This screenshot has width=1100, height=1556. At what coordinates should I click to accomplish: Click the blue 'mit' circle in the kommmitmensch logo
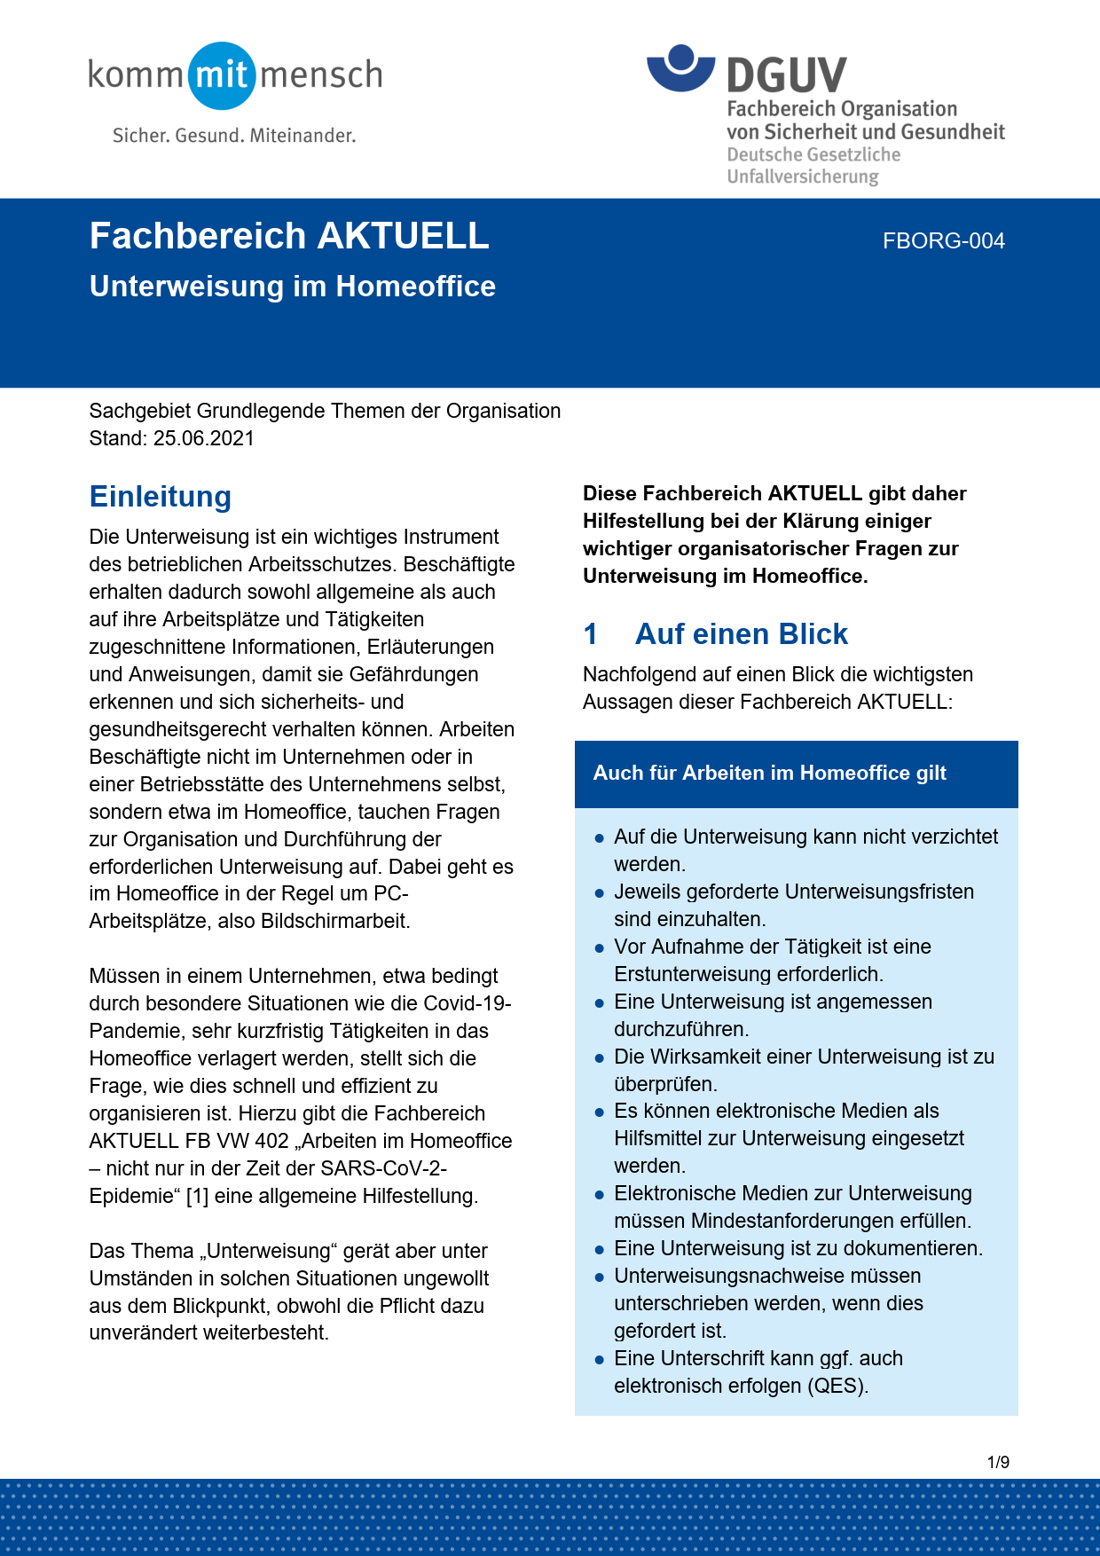[x=222, y=75]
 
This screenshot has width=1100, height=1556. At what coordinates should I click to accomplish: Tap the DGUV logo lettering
[x=786, y=75]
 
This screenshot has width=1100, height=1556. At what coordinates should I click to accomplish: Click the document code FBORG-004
[x=943, y=241]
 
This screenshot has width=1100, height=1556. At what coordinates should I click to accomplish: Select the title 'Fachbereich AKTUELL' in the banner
[x=289, y=237]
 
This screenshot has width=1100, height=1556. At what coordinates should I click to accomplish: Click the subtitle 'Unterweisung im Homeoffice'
[x=292, y=287]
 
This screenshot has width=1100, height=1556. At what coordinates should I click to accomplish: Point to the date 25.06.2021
[x=203, y=438]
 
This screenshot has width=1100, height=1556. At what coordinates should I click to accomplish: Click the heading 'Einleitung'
[x=160, y=497]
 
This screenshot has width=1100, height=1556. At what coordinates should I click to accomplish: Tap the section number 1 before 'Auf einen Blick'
[x=591, y=634]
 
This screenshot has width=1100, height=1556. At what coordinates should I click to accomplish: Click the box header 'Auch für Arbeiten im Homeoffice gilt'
[x=769, y=773]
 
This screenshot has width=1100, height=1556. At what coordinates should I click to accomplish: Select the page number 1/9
[x=998, y=1462]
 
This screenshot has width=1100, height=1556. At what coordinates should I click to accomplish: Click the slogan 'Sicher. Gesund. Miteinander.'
[x=234, y=136]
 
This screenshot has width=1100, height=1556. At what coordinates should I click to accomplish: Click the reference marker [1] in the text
[x=197, y=1196]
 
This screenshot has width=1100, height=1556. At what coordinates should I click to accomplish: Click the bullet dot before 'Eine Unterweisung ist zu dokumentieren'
[x=600, y=1249]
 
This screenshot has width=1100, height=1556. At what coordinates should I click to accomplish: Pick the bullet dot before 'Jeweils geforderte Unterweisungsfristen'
[x=600, y=892]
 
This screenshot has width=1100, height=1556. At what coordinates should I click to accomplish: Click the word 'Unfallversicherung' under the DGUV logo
[x=802, y=177]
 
